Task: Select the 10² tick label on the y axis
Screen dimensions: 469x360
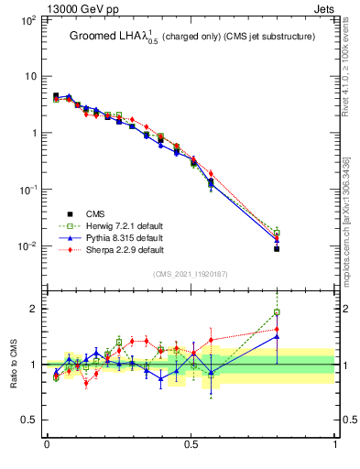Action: [x=27, y=19]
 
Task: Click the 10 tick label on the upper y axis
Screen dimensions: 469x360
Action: [x=29, y=76]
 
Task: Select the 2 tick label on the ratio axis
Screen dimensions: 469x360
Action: [x=33, y=309]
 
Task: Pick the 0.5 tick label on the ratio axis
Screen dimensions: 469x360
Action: [x=29, y=420]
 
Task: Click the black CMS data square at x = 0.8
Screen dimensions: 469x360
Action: [x=277, y=248]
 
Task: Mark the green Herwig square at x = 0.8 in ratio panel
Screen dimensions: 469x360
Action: [x=277, y=312]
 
